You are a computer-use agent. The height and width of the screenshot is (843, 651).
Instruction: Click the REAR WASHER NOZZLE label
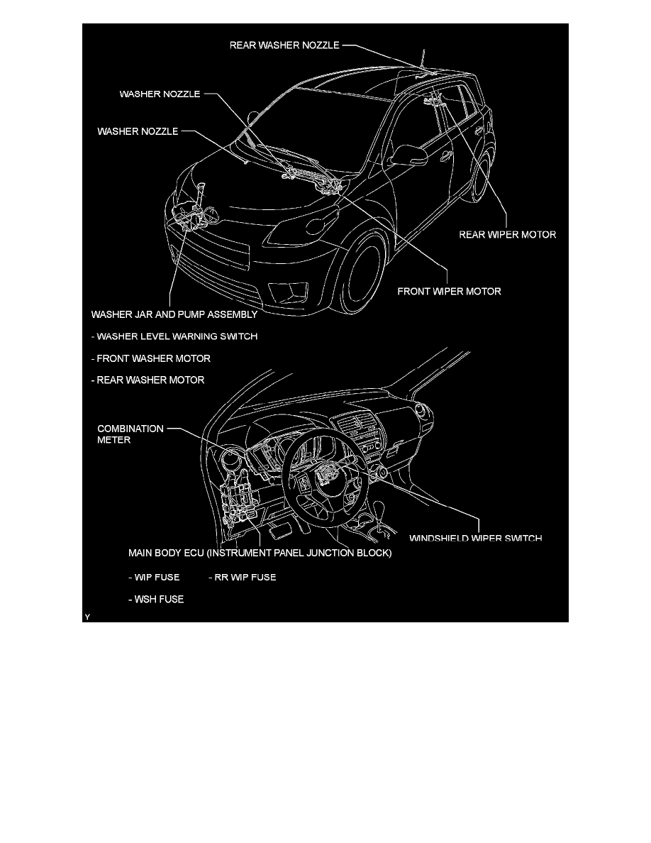click(285, 45)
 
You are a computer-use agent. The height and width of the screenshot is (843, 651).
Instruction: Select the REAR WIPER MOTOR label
click(507, 234)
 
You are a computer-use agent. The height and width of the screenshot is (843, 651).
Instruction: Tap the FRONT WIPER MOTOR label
click(449, 291)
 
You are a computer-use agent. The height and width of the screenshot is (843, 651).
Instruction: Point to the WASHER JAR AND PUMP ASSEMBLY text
click(174, 313)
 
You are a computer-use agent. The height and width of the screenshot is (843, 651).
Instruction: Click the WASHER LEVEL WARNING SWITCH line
click(174, 336)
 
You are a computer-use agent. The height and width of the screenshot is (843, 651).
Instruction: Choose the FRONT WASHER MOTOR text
click(151, 358)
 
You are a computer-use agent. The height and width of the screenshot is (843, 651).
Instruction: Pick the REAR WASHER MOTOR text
click(148, 380)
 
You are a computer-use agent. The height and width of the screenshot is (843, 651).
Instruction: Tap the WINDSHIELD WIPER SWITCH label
click(475, 538)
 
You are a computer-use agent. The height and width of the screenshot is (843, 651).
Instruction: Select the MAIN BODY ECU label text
click(260, 552)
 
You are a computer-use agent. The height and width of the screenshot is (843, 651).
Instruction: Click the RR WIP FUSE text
click(242, 577)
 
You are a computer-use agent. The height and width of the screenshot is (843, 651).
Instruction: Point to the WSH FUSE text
click(156, 600)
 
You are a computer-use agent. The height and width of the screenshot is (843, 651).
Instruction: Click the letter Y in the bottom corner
click(87, 618)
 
